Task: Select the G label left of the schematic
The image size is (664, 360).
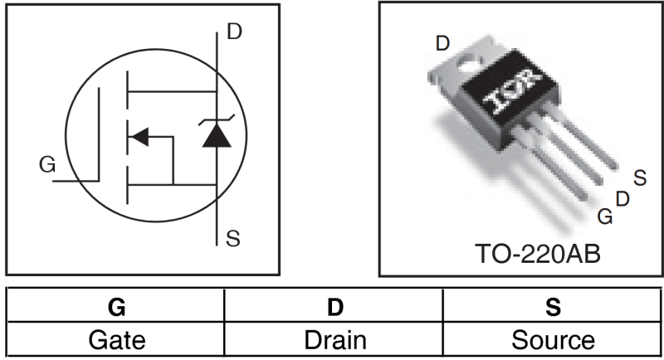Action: pos(47,166)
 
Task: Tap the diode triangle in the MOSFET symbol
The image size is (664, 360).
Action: pos(217,136)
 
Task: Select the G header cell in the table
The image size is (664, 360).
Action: pos(116,308)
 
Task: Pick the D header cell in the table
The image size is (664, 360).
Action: pos(335,308)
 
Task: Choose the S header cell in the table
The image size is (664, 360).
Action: pos(553,308)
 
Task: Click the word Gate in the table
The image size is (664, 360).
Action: pos(116,339)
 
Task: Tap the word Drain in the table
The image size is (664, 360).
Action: pos(335,339)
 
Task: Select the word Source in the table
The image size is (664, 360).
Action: pos(553,339)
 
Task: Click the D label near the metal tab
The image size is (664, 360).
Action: pos(442,43)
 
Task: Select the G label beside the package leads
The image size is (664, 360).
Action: pos(605,216)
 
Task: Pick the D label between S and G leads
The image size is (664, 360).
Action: pos(622,198)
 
